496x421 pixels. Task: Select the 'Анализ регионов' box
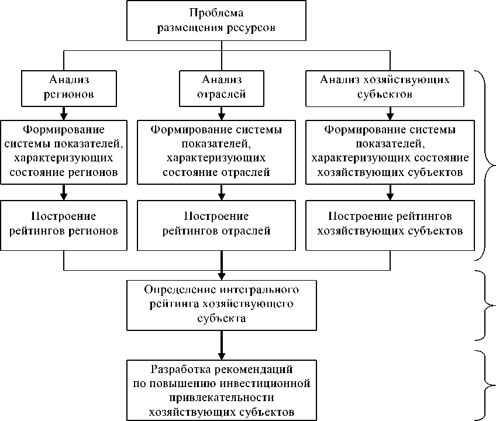click(64, 87)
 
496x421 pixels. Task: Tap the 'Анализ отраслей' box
click(220, 87)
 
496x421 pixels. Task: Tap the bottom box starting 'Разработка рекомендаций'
click(221, 391)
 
